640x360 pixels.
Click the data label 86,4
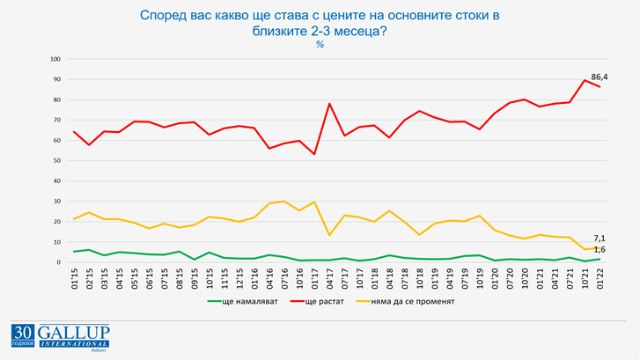[x=599, y=77]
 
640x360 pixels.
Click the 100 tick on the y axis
[x=55, y=59]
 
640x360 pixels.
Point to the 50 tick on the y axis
[x=56, y=160]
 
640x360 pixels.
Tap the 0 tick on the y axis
[x=58, y=262]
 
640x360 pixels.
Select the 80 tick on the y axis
[x=56, y=99]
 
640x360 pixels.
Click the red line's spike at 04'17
[x=329, y=104]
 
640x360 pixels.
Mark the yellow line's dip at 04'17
[x=329, y=235]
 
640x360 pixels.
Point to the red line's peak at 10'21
[x=585, y=80]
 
